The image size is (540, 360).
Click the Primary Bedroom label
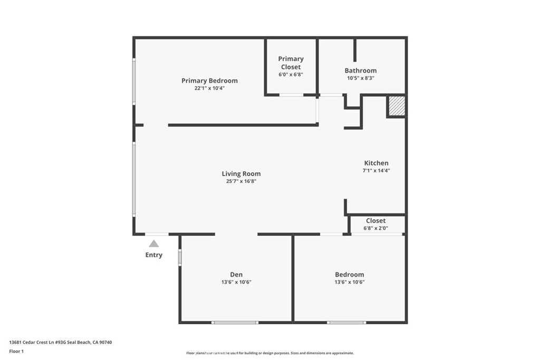coord(209,81)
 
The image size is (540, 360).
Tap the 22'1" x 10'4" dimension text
coord(209,88)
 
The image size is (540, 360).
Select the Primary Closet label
coord(291,63)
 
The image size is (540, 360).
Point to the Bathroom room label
coord(361,71)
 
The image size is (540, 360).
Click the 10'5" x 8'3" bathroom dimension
coord(361,78)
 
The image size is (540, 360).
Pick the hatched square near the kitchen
coord(397,106)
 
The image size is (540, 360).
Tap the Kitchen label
coord(377,163)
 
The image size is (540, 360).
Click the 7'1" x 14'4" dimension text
coord(377,171)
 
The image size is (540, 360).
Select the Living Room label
coord(241,174)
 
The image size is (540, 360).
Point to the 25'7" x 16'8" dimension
coord(241,181)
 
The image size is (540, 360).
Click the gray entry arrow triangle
coord(153,244)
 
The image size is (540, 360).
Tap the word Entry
coord(154,255)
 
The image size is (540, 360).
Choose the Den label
coord(236,275)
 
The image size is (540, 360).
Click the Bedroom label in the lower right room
coord(350,275)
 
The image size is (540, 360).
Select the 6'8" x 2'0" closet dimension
coord(375,228)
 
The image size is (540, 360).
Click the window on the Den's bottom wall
coord(235,322)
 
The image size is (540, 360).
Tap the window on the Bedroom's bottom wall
coord(346,322)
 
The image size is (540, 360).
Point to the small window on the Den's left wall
coord(180,258)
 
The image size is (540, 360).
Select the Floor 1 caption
coord(16,351)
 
